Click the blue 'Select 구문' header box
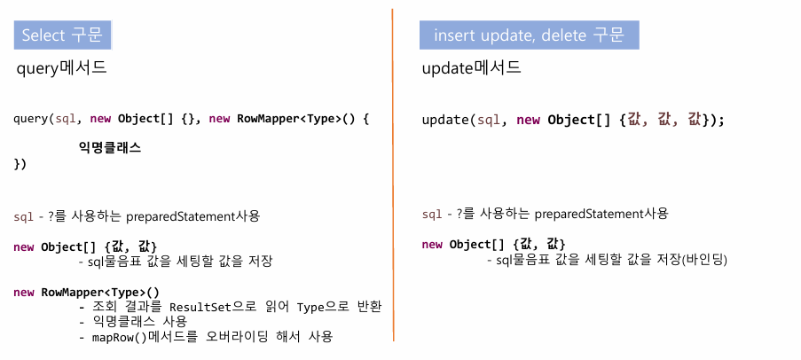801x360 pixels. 61,35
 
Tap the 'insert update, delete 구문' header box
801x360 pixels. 529,35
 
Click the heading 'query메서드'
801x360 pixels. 62,68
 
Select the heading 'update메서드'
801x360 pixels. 471,67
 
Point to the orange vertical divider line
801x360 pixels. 392,177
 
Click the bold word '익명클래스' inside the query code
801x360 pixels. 110,148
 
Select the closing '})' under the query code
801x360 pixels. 20,164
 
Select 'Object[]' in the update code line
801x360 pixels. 578,120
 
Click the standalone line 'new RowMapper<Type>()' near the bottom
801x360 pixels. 86,292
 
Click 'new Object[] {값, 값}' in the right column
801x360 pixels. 493,244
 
